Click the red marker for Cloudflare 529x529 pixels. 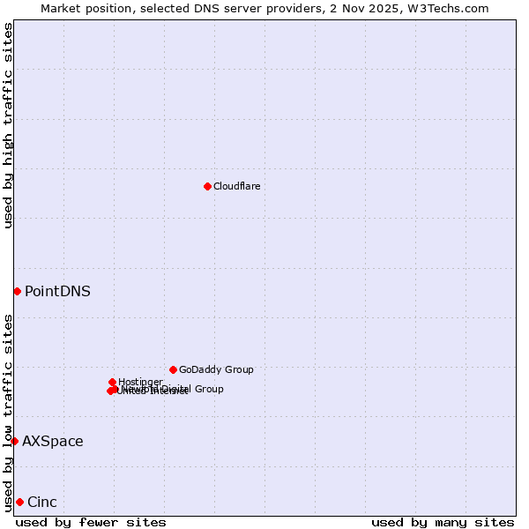207,186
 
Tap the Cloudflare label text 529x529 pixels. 236,186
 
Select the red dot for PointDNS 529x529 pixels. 17,291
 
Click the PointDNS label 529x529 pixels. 57,291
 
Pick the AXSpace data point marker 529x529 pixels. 14,441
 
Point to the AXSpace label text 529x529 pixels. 53,441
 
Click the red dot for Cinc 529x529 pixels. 19,502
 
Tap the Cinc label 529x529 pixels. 42,502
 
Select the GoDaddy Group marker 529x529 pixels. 173,369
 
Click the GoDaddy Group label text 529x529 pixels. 216,369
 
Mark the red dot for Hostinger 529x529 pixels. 112,382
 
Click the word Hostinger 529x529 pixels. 140,382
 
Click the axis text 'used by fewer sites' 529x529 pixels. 91,522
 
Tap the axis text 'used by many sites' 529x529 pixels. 443,522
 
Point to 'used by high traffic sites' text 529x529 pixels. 9,125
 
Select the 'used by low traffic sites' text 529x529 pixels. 9,412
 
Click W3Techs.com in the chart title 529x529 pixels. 453,8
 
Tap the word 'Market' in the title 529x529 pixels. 60,8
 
